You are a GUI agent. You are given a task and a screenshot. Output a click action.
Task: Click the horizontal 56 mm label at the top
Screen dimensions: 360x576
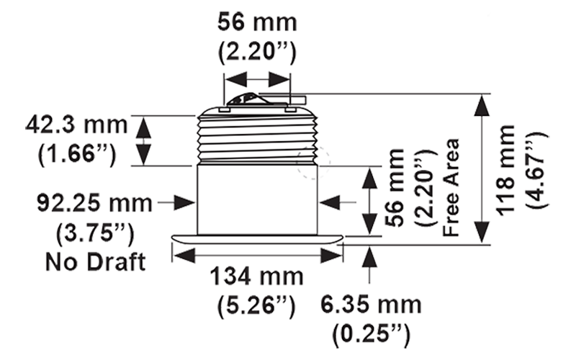pos(256,23)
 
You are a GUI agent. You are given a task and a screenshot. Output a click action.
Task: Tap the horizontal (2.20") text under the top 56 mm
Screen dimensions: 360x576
pos(256,52)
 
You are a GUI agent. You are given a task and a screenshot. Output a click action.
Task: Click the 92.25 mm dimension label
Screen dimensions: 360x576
pos(95,204)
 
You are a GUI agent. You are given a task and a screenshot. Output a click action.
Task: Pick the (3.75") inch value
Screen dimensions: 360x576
pos(94,231)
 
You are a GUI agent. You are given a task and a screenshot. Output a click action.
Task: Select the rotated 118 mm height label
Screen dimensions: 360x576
pos(510,169)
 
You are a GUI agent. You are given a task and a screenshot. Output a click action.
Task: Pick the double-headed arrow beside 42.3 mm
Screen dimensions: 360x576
pos(143,141)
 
